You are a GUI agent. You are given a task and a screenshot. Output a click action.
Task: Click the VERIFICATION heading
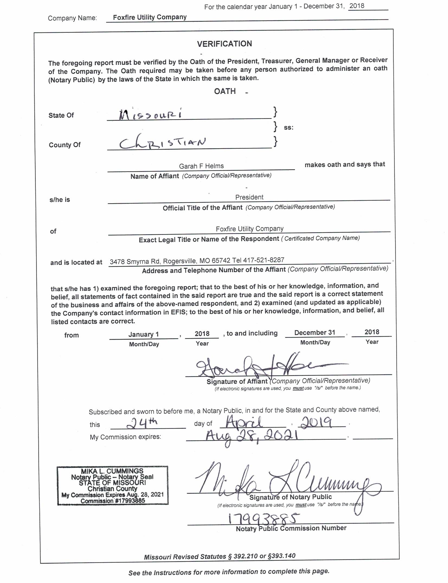coord(224,44)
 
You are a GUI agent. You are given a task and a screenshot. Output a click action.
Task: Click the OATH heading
coord(225,91)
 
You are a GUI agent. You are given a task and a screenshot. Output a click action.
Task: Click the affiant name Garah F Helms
coord(201,166)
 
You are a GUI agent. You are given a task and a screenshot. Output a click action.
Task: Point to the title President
coord(249,197)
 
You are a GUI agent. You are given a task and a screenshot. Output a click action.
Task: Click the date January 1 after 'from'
coord(143,334)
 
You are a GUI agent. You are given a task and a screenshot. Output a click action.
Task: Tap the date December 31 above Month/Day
coord(315,332)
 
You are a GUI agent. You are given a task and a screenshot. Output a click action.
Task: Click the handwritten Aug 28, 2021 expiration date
coord(252,437)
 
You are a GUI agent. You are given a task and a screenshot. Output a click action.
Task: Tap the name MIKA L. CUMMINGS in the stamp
coord(112,471)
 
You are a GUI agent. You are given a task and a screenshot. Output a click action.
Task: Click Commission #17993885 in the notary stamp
coord(113,501)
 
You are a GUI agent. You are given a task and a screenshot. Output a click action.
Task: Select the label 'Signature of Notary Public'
coord(290,497)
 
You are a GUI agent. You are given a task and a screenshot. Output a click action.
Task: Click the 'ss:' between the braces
coord(289,128)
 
